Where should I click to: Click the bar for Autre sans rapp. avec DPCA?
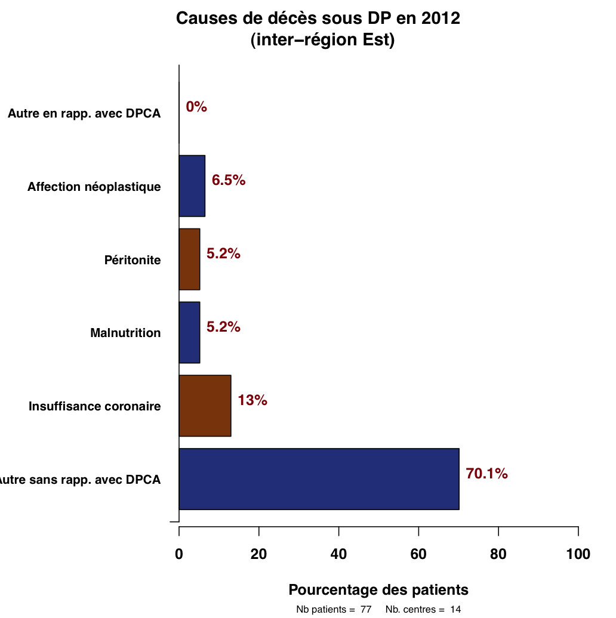pos(319,479)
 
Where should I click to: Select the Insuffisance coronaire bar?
pos(205,406)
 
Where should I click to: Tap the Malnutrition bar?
pos(189,332)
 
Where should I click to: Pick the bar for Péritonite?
pos(189,259)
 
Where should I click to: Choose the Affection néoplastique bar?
pos(192,186)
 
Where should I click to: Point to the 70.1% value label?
pos(486,474)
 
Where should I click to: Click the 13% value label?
pos(252,400)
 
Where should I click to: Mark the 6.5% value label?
pos(229,180)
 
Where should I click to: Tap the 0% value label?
pos(196,107)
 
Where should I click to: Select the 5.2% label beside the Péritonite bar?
pos(223,254)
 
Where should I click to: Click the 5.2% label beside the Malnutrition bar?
pos(223,327)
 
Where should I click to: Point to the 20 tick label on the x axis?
pos(258,554)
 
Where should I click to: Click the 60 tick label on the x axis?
pos(418,554)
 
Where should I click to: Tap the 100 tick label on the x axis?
pos(578,554)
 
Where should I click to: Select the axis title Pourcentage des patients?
pos(378,590)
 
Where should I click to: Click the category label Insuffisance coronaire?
pos(95,406)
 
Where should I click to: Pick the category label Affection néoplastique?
pos(94,187)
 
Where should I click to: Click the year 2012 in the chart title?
pos(441,18)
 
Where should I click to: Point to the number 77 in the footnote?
pos(366,610)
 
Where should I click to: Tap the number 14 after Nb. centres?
pos(456,610)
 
